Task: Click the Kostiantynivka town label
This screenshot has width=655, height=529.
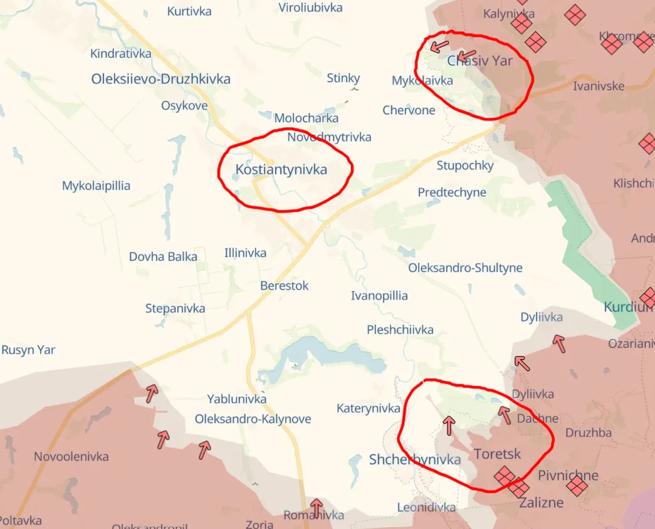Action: [x=281, y=169]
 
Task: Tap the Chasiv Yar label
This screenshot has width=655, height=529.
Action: [x=479, y=60]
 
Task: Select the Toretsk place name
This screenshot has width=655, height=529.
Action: [x=497, y=454]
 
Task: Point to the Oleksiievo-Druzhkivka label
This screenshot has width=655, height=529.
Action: [x=161, y=79]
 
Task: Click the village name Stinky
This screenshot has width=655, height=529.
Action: [x=343, y=78]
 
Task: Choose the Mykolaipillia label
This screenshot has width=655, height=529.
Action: [x=96, y=186]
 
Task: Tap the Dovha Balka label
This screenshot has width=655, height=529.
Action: [x=163, y=256]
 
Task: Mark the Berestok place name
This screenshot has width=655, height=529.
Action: [x=285, y=286]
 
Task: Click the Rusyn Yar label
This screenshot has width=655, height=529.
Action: [x=28, y=350]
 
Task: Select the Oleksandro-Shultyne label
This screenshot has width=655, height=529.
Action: [x=465, y=268]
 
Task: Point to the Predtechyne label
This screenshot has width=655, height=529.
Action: [x=452, y=192]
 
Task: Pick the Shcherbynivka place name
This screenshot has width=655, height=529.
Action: [x=414, y=459]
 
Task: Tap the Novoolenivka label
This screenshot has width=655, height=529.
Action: [x=71, y=456]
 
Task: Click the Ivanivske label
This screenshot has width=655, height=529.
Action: [x=599, y=86]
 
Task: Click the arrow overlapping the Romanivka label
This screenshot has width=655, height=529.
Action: [x=317, y=508]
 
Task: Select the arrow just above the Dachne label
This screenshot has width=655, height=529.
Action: [x=504, y=414]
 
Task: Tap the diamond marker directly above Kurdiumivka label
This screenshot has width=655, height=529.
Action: [x=649, y=298]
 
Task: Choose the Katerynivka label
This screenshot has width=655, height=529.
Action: [x=369, y=409]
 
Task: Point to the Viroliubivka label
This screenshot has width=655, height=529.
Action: [x=310, y=8]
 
